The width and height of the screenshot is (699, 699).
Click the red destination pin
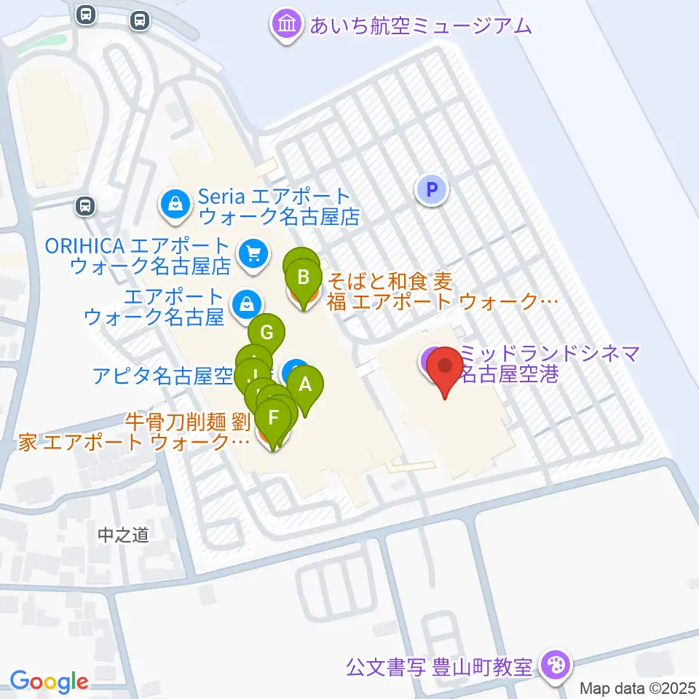tap(443, 367)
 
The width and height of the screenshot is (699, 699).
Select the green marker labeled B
tap(304, 277)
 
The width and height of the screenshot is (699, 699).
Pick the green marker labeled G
tap(266, 333)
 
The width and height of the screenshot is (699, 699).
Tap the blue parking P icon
tap(432, 191)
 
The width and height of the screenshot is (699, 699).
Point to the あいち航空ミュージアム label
tap(421, 26)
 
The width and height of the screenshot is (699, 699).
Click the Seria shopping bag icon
tap(175, 205)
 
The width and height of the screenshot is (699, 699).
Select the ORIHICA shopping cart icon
tap(253, 254)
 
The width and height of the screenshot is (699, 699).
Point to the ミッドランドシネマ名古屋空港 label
tap(550, 364)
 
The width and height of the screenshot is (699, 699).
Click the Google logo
tap(49, 682)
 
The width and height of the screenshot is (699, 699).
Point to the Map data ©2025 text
tap(639, 688)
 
